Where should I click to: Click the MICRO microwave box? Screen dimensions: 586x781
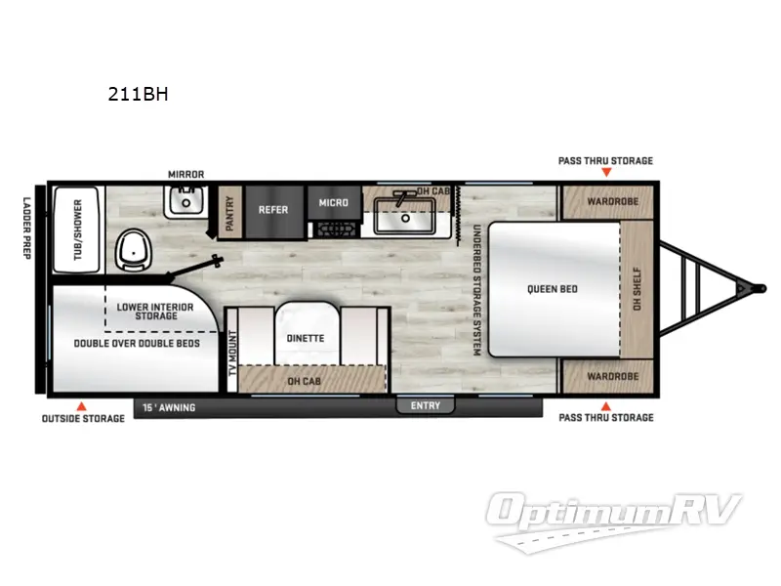pos(333,203)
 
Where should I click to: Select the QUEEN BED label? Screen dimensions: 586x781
pos(553,289)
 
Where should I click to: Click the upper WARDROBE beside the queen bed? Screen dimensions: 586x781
pos(613,203)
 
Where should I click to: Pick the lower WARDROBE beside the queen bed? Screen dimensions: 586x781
pos(613,376)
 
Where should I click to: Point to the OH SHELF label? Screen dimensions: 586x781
pos(637,289)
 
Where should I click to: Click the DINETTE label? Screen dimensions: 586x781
pos(306,339)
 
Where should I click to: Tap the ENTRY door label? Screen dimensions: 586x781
pos(426,405)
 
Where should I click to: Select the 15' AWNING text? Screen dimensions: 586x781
pos(169,405)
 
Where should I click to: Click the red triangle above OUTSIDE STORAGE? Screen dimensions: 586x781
pos(83,404)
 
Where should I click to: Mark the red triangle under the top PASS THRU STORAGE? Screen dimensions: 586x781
pos(605,173)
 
